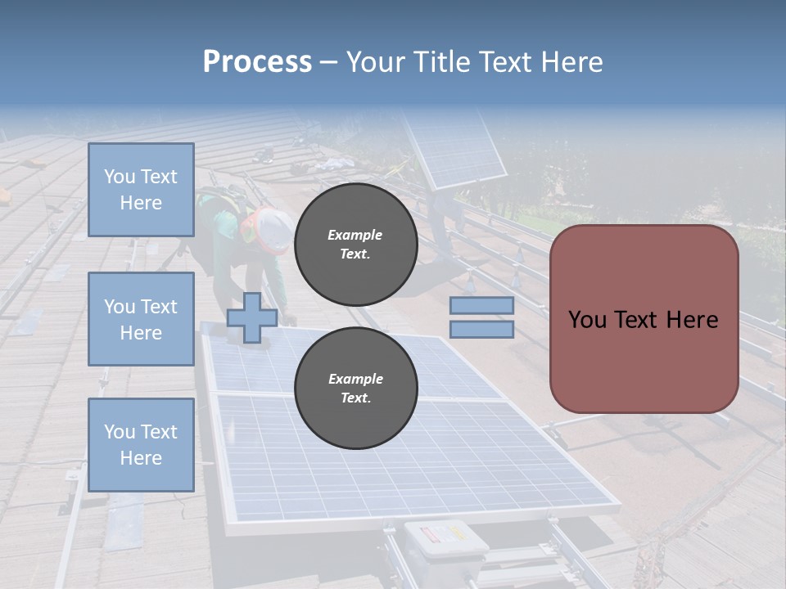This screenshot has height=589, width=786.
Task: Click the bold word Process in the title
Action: (x=257, y=61)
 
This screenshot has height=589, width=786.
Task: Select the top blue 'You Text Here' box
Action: (x=141, y=190)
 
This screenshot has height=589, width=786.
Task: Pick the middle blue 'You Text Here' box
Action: (x=141, y=319)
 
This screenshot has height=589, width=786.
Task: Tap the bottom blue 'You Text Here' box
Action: (x=141, y=444)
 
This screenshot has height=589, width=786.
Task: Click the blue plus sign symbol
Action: (x=251, y=317)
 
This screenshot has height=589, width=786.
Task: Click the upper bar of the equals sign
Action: (x=481, y=305)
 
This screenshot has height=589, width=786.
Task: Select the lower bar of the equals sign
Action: (x=481, y=330)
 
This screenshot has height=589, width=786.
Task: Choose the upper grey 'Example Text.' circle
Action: (x=355, y=244)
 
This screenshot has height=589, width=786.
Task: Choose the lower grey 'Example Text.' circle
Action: (x=355, y=388)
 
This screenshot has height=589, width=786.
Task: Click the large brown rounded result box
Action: (x=644, y=319)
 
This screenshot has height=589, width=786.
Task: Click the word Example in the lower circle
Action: (x=355, y=379)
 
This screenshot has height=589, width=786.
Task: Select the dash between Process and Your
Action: (x=329, y=62)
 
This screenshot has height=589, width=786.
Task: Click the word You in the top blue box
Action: (x=118, y=177)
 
